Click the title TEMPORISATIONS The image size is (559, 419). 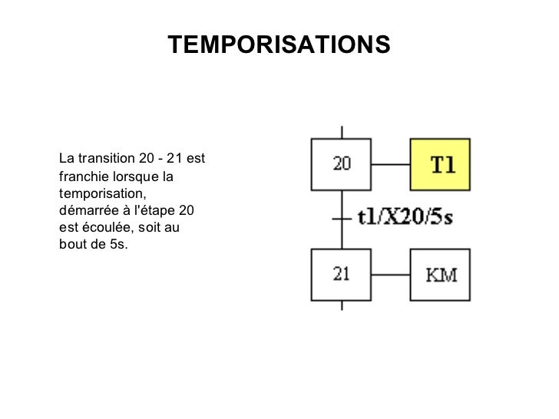point(279,45)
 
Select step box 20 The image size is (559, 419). point(341,164)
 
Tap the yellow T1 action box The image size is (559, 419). point(439,164)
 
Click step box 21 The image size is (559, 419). point(341,274)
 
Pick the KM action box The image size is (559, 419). point(439,274)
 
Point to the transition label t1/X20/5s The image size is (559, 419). point(405,217)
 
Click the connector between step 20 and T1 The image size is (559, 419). point(390,164)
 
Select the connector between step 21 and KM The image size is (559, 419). point(390,274)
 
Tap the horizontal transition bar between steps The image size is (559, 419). point(341,218)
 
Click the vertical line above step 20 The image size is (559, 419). point(341,130)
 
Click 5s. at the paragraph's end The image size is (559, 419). point(118,244)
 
